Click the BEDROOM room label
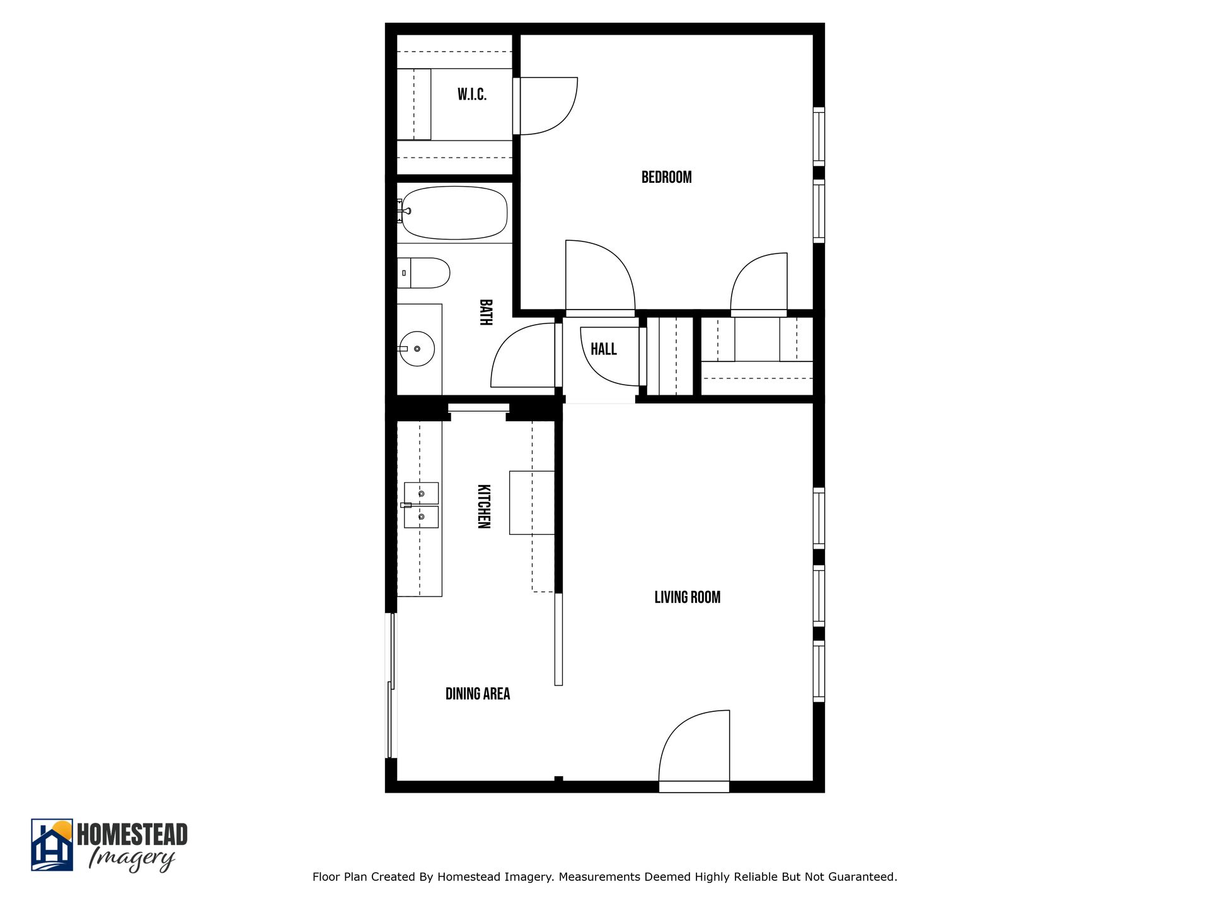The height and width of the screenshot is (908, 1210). point(666,177)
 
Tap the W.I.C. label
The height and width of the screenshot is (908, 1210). point(471,95)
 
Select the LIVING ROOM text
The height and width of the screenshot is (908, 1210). point(687,597)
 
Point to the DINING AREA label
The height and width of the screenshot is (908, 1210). point(477,694)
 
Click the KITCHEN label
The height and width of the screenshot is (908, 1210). point(483,506)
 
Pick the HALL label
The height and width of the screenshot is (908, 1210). point(603,349)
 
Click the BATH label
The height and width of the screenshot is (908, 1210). point(485,312)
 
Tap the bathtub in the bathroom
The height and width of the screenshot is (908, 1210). point(454,212)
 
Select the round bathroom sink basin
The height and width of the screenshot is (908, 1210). point(417,348)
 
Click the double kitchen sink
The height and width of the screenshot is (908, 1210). point(421,505)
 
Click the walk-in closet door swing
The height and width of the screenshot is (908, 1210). point(546,106)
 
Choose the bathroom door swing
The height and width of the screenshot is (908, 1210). point(523,356)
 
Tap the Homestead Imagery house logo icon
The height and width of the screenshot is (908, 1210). point(52,844)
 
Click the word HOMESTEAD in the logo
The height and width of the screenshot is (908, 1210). point(132,834)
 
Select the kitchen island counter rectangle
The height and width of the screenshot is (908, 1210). point(531,503)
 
